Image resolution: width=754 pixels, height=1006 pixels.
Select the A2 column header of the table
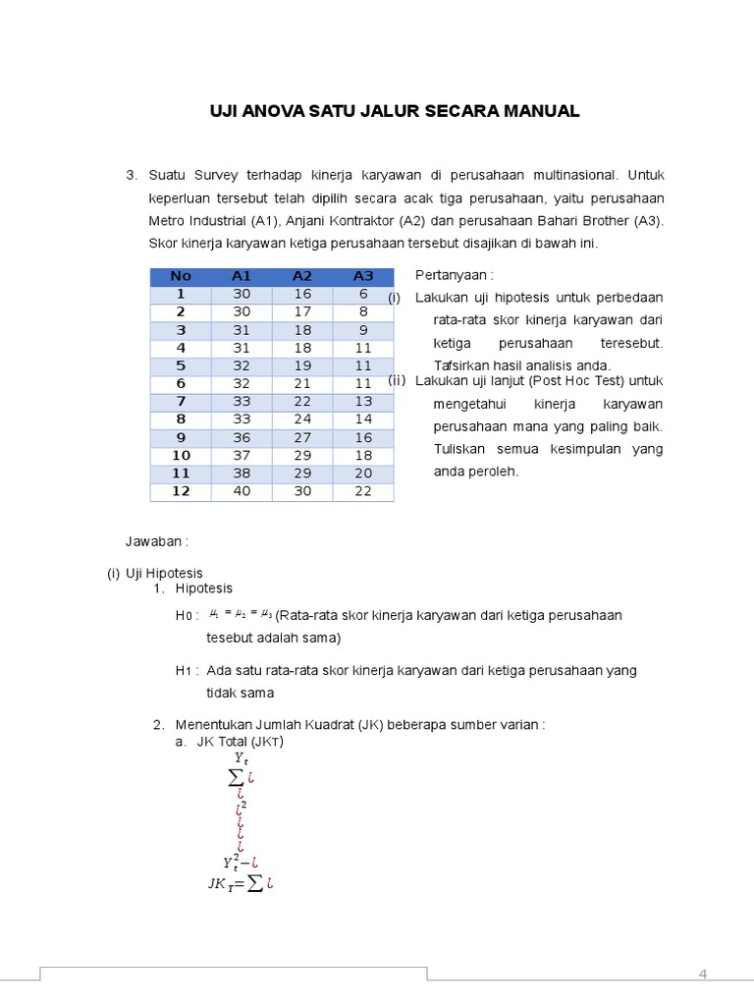click(301, 276)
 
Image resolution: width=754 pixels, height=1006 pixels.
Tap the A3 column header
click(363, 276)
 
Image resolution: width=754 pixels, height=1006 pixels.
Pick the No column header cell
click(181, 276)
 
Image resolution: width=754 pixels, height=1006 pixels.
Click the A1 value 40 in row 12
click(242, 491)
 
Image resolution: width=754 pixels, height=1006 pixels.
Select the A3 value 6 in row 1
click(363, 294)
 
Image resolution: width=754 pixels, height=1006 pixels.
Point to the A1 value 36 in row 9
click(242, 437)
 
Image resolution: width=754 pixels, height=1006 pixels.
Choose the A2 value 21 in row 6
click(301, 383)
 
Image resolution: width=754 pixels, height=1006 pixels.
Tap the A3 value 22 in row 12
click(363, 491)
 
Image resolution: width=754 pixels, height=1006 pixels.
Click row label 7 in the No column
click(181, 401)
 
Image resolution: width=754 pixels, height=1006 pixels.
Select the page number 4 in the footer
click(702, 974)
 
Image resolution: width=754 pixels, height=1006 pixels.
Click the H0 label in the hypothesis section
click(187, 616)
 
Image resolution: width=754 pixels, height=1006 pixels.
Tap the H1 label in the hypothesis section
click(187, 671)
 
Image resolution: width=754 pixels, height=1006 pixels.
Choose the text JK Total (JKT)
click(240, 742)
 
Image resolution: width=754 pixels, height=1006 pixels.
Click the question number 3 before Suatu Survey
click(130, 175)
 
